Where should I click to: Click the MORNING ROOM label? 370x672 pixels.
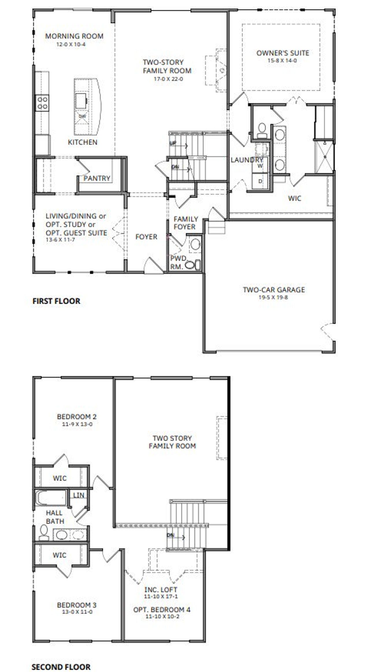74,36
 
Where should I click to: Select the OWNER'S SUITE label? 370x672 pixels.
282,53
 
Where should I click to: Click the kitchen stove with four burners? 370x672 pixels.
42,103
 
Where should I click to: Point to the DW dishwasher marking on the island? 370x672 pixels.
82,116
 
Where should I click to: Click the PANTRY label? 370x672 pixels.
97,178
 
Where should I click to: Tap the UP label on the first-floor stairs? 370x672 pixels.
173,143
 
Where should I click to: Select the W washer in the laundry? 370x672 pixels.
260,166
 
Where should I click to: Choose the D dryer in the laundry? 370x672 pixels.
260,181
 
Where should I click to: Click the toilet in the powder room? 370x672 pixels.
190,265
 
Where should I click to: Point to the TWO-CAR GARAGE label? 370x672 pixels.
274,290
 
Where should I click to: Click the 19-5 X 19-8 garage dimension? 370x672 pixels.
273,297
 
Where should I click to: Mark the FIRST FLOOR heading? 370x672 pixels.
56,301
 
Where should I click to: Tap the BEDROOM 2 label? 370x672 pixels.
77,417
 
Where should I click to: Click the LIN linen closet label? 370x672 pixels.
79,495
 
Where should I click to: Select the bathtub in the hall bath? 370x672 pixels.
51,498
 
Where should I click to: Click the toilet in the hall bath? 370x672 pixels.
44,532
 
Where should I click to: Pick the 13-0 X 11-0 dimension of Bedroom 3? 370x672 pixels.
77,612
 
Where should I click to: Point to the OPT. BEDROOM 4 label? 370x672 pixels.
162,609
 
